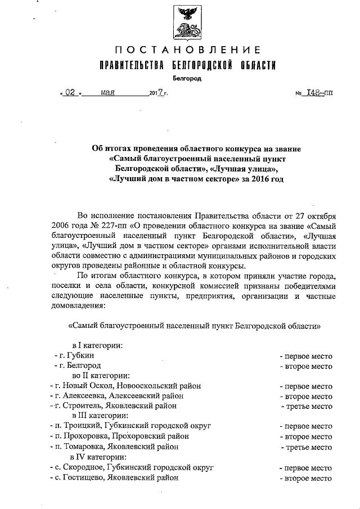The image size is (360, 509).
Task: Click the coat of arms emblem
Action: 187,21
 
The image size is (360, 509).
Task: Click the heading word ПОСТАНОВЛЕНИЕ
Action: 187,51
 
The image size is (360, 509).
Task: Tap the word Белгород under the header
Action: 187,79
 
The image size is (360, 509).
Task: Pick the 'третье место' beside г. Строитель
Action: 307,406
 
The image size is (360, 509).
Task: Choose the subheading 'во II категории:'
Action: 101,376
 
